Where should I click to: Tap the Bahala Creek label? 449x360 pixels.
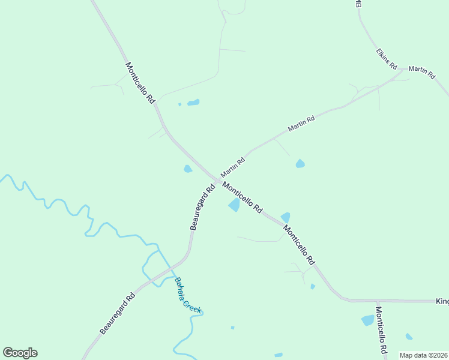[x=188, y=295]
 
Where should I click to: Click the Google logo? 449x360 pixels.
[x=20, y=353]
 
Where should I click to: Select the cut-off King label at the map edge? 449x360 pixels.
[x=442, y=300]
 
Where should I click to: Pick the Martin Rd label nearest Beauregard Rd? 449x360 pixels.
[x=233, y=167]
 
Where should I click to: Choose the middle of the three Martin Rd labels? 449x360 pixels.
[x=301, y=124]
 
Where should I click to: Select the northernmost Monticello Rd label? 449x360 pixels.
[x=140, y=84]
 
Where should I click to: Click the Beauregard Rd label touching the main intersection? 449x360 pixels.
[x=202, y=207]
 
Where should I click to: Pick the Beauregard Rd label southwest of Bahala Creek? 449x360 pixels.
[x=118, y=314]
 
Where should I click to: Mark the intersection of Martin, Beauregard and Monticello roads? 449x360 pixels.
[x=217, y=181]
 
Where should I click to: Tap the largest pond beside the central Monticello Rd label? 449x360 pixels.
[x=234, y=206]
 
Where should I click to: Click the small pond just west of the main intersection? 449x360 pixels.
[x=188, y=169]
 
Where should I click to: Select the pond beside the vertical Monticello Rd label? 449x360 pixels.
[x=367, y=320]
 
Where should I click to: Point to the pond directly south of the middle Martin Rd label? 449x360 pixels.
[x=300, y=163]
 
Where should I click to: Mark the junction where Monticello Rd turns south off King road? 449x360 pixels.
[x=378, y=301]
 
